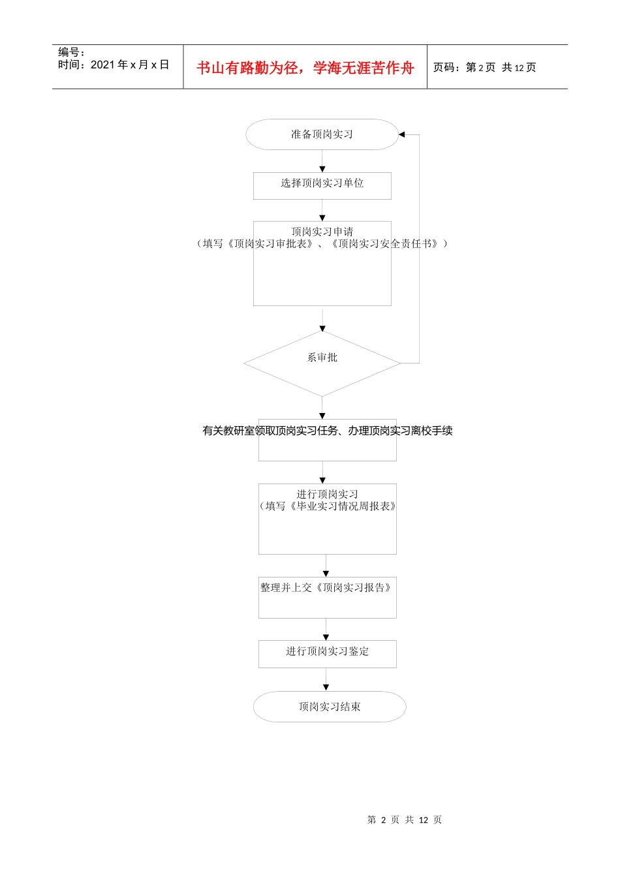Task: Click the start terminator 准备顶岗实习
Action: click(322, 134)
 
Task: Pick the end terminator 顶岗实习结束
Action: click(330, 707)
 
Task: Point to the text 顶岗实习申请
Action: click(322, 232)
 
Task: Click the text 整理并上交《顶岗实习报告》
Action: click(326, 588)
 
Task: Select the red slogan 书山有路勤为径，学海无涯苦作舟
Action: click(305, 68)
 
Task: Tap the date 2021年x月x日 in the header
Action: click(129, 65)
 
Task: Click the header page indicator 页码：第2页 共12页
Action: click(485, 67)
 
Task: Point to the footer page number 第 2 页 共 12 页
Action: click(405, 820)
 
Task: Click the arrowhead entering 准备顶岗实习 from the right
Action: click(402, 134)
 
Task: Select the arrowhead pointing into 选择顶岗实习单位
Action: click(322, 169)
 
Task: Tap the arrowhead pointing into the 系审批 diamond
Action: click(322, 328)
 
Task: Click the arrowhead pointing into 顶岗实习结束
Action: click(326, 687)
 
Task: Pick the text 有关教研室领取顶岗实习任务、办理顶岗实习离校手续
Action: click(328, 431)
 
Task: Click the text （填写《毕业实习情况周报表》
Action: click(328, 506)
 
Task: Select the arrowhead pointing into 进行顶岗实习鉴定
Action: click(326, 637)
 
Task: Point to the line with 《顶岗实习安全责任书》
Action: click(322, 244)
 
